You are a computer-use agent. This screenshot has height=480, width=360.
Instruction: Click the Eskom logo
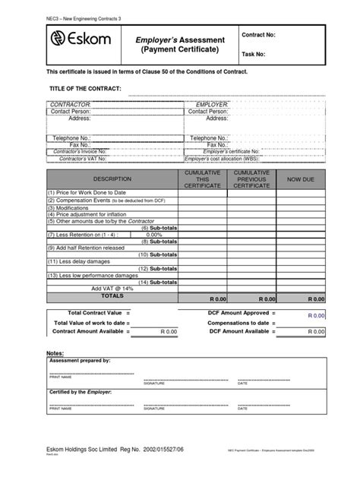[x=80, y=40]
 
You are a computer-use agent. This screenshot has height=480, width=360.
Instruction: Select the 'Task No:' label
[x=254, y=55]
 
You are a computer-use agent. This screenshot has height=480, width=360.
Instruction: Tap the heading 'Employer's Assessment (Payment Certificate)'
[x=180, y=44]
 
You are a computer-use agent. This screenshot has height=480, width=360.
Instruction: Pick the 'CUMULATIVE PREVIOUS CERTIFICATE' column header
[x=251, y=179]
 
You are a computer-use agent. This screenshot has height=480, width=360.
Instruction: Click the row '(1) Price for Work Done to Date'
[x=87, y=193]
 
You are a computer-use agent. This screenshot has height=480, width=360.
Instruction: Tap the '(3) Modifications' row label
[x=69, y=207]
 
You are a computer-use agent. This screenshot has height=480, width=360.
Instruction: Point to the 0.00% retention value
[x=154, y=235]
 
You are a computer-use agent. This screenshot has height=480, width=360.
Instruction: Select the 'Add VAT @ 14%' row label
[x=112, y=289]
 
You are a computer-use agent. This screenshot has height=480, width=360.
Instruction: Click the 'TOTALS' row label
[x=112, y=296]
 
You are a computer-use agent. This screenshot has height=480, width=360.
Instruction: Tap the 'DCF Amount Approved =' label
[x=242, y=313]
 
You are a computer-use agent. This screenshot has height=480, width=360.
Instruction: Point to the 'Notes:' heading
[x=55, y=354]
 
